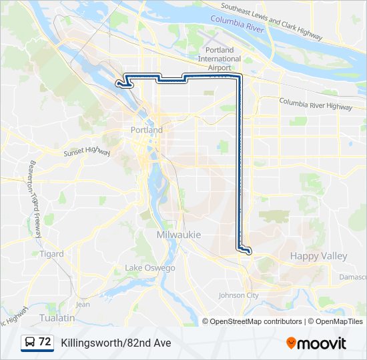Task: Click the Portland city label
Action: pyautogui.click(x=146, y=130)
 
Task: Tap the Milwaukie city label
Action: pyautogui.click(x=178, y=235)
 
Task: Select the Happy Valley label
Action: pyautogui.click(x=318, y=256)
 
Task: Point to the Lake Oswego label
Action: pyautogui.click(x=149, y=268)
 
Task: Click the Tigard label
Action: pyautogui.click(x=51, y=254)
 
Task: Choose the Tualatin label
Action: pyautogui.click(x=57, y=318)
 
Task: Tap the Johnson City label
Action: pyautogui.click(x=238, y=295)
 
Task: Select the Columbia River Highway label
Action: pyautogui.click(x=315, y=104)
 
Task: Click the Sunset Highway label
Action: pyautogui.click(x=87, y=153)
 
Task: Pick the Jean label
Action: pyautogui.click(x=83, y=304)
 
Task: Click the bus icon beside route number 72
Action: pyautogui.click(x=30, y=342)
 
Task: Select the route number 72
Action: pyautogui.click(x=45, y=342)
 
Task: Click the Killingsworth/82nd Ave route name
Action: pyautogui.click(x=115, y=343)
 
